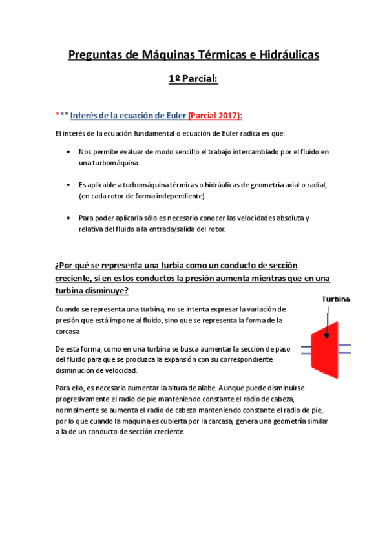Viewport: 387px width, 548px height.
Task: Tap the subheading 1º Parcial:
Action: [193, 79]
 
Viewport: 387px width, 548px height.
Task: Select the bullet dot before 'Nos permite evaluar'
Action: [68, 152]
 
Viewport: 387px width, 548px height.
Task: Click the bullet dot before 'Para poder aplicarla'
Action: [68, 218]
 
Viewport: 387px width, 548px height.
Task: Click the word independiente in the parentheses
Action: [183, 196]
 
